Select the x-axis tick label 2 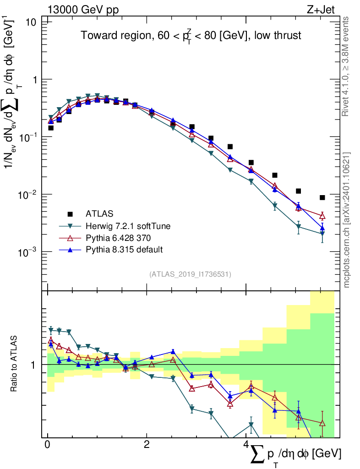[x=147, y=445]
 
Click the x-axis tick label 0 [x=48, y=445]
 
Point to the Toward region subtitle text [x=191, y=36]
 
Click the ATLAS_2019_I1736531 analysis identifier [x=190, y=274]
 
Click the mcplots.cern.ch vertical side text [x=347, y=220]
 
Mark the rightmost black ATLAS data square [x=322, y=197]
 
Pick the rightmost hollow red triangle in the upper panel [x=322, y=216]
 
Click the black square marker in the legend [x=70, y=213]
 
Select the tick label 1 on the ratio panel [x=38, y=365]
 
